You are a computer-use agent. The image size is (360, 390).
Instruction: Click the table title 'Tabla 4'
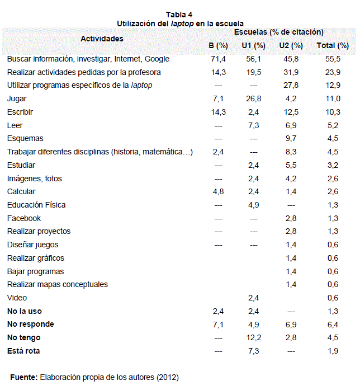coord(179,15)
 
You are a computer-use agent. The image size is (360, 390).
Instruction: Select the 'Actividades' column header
coord(102,39)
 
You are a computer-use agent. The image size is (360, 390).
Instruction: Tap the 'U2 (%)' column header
coord(291,45)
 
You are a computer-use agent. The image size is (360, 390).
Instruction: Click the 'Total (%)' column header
coord(333,45)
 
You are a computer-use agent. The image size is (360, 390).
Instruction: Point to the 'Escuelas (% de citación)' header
coord(279,32)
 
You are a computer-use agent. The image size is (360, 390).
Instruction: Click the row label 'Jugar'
coord(17,98)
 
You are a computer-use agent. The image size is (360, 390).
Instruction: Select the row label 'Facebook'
coord(24,218)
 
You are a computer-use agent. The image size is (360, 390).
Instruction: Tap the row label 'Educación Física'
coord(36,205)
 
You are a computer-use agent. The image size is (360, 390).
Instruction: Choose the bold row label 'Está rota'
coord(23,351)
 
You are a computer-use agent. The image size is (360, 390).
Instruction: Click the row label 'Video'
coord(17,298)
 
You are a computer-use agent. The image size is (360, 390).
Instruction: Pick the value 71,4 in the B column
coord(219,59)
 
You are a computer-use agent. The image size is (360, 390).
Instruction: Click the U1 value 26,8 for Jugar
coord(254,98)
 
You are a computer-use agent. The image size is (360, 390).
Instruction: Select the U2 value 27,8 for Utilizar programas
coord(291,85)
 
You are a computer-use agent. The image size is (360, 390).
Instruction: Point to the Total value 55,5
coord(333,59)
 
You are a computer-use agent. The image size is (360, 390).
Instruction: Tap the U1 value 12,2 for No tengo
coord(254,337)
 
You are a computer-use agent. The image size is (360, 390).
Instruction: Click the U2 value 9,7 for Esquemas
coord(291,139)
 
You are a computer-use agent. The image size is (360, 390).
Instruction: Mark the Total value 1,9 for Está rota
coord(333,351)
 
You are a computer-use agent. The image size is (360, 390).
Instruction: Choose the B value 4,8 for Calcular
coord(219,191)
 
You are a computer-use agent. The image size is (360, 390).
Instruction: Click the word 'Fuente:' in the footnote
coord(24,377)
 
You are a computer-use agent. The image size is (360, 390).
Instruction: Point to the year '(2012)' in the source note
coord(168,377)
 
